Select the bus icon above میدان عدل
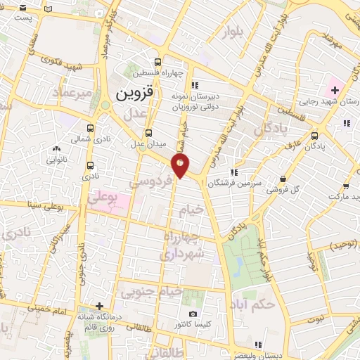[148, 133]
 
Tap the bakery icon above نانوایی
[57, 149]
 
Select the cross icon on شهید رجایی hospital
[335, 89]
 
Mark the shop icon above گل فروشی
[283, 179]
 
